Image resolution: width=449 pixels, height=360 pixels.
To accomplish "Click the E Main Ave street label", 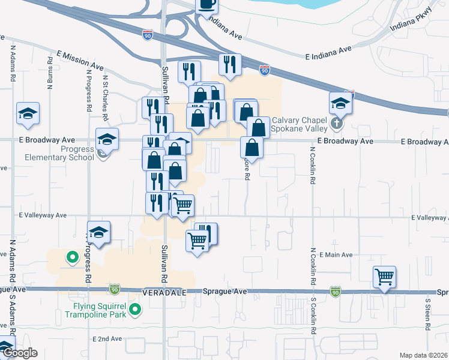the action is [x=336, y=255].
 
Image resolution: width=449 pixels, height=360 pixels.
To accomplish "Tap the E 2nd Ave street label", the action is [x=107, y=339].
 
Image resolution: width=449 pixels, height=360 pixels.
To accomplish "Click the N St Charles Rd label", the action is [x=106, y=94].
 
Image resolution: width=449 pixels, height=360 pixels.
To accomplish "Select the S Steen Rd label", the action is [x=428, y=316].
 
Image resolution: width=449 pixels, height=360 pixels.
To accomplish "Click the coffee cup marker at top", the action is [x=206, y=5].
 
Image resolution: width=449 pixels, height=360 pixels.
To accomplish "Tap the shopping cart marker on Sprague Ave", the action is [x=384, y=277].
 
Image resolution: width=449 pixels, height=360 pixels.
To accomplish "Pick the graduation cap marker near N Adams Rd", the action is [x=28, y=113].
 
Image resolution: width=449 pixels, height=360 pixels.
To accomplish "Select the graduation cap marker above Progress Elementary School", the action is [x=107, y=139].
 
